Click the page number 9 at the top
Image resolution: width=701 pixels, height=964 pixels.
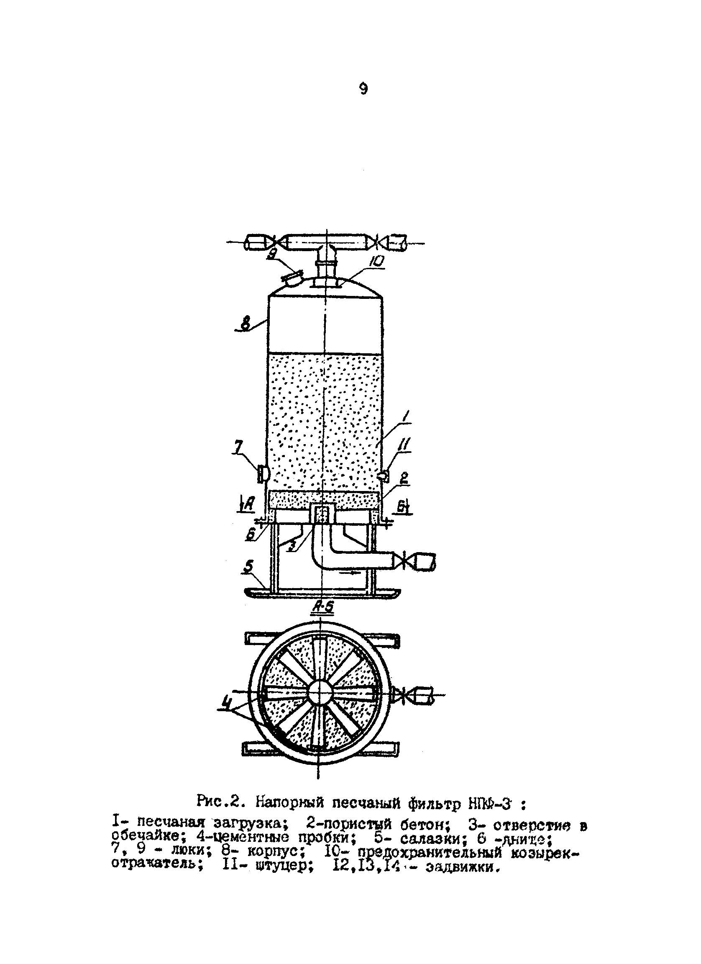click(363, 89)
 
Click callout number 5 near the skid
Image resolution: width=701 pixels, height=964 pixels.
click(250, 567)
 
